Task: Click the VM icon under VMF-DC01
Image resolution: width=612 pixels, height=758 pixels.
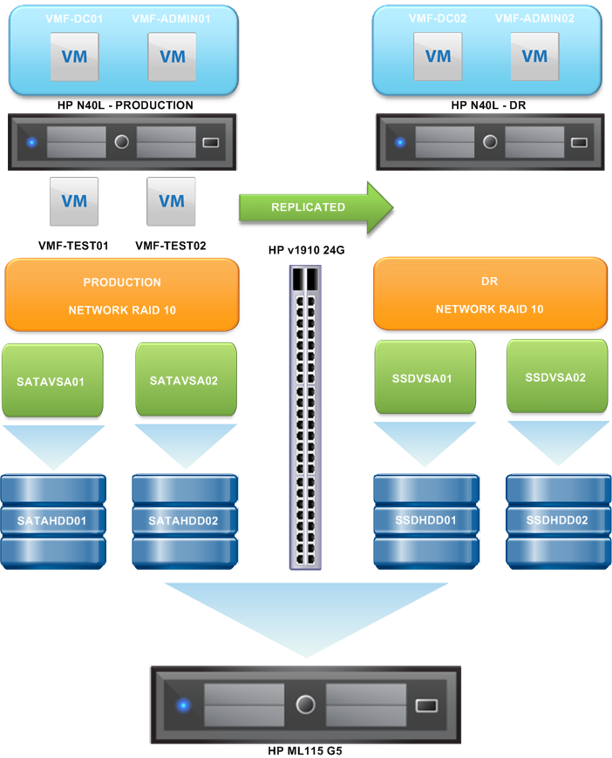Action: click(x=74, y=57)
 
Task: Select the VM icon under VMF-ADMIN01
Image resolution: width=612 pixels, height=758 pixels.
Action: click(x=173, y=57)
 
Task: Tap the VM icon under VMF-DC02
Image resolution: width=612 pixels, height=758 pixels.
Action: click(x=438, y=57)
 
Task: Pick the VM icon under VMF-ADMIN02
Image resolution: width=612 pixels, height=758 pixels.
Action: click(x=534, y=57)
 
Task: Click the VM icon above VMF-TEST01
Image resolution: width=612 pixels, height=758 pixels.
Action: click(x=74, y=201)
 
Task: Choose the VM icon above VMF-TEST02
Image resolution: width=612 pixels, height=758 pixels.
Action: click(x=172, y=201)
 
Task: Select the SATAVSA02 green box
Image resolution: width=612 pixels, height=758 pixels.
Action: click(x=186, y=381)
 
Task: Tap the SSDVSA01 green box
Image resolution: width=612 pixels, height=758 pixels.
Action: click(x=425, y=378)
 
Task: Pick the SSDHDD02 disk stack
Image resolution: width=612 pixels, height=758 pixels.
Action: click(x=556, y=520)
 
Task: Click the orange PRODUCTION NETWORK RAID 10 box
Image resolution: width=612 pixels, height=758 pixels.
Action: click(x=122, y=294)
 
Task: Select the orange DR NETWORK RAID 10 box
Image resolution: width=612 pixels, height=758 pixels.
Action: click(x=489, y=294)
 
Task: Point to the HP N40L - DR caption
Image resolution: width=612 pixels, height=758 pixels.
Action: click(x=489, y=105)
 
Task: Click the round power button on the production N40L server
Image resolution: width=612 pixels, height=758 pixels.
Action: click(x=121, y=141)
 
